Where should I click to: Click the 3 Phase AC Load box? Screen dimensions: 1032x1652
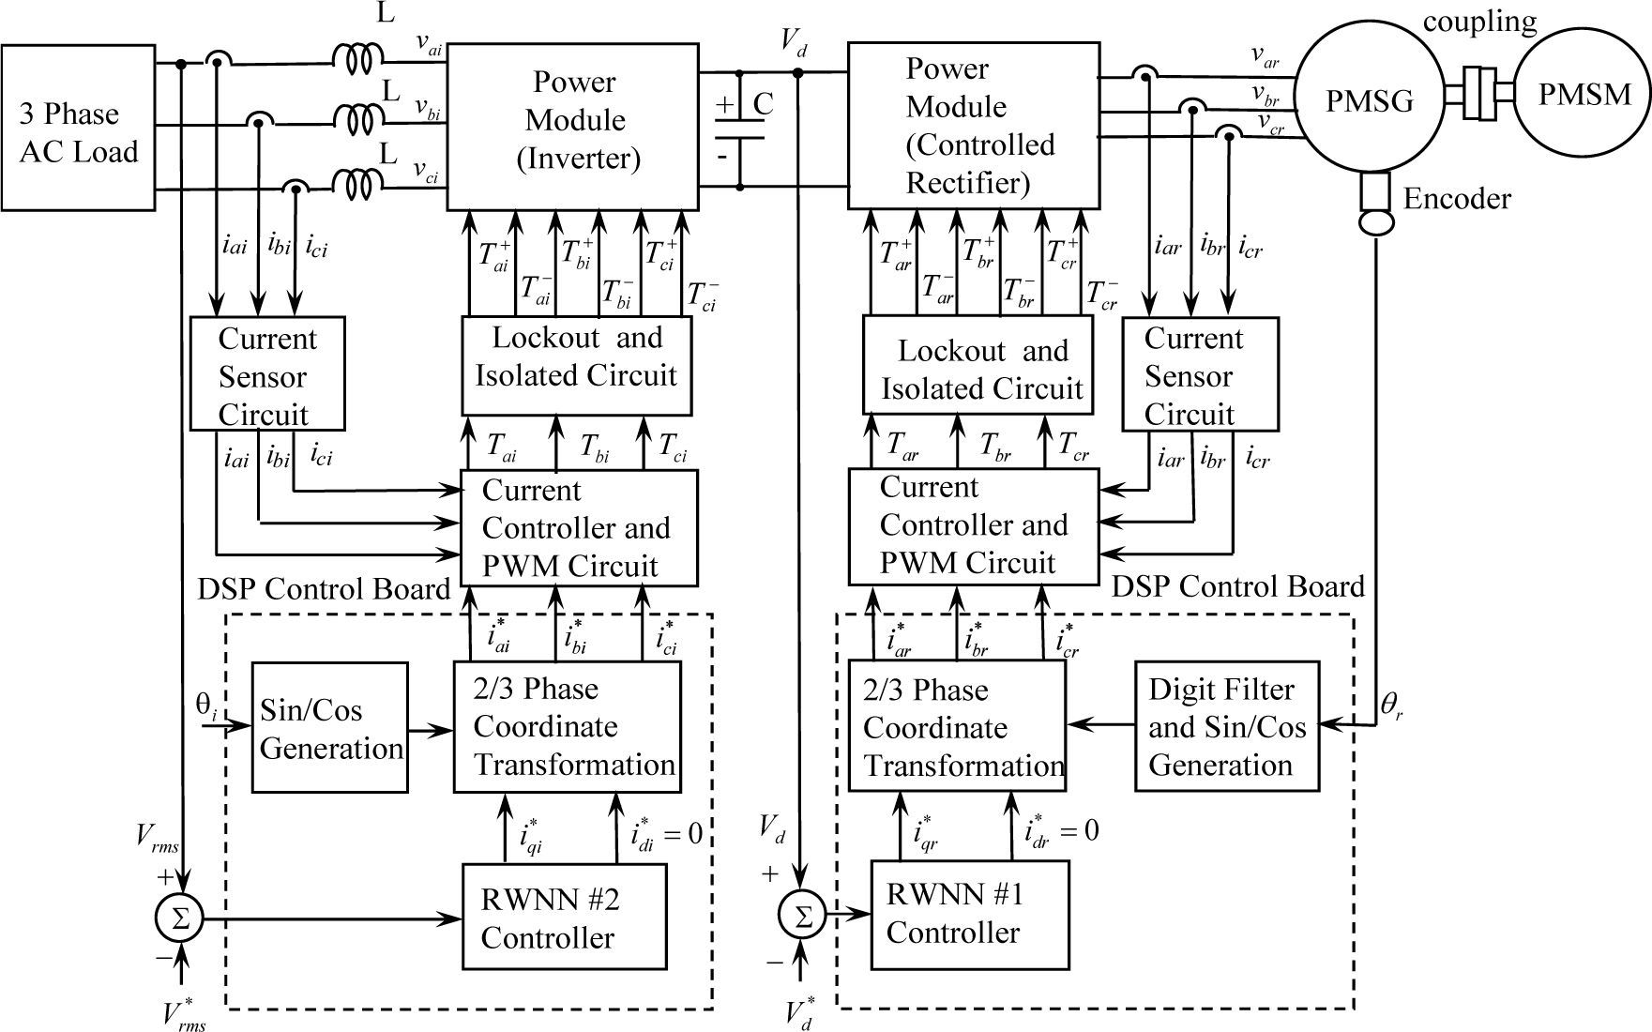(x=78, y=127)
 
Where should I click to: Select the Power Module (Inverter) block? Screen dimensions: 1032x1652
(x=572, y=125)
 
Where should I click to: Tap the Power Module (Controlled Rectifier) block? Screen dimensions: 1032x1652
(x=973, y=125)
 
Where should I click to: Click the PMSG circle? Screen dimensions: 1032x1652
(x=1368, y=100)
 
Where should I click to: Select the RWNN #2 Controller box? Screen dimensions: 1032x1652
(x=564, y=917)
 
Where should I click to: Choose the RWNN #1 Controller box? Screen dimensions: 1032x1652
(x=969, y=914)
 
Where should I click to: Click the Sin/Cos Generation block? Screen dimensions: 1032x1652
(x=329, y=728)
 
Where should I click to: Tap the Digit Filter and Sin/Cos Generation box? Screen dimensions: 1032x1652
(x=1226, y=727)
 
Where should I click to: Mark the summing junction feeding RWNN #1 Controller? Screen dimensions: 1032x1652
(x=801, y=916)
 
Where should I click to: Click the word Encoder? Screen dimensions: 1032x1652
(x=1456, y=199)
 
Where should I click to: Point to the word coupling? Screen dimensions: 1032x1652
(x=1479, y=21)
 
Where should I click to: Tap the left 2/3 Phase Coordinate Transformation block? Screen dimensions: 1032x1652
(x=568, y=727)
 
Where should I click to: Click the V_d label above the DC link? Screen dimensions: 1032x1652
(x=793, y=41)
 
